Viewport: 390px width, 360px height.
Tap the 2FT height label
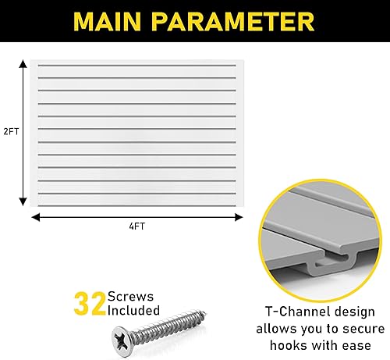point(11,132)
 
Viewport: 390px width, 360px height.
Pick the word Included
point(133,311)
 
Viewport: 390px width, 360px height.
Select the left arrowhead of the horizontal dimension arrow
point(34,216)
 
